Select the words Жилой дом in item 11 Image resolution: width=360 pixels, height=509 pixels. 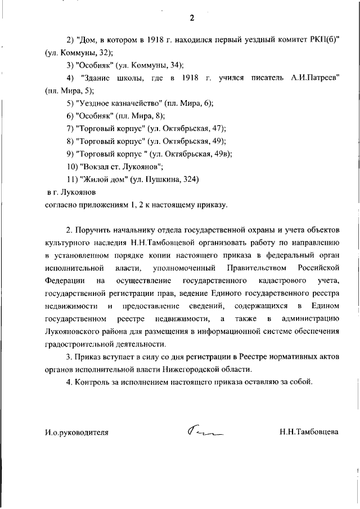(105, 179)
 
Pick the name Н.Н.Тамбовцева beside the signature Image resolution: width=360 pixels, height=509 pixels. (309, 433)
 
